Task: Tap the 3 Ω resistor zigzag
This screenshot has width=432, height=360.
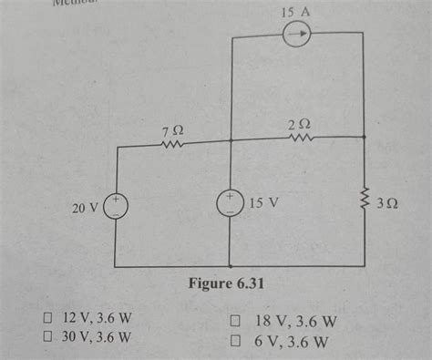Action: pos(364,201)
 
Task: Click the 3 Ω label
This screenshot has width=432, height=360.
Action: pos(387,203)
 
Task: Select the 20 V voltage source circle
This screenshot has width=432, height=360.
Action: pos(117,206)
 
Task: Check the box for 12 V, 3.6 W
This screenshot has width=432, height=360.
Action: pos(45,319)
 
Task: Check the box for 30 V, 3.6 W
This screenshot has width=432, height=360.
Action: pos(45,337)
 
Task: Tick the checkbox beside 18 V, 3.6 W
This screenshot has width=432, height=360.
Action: pos(234,321)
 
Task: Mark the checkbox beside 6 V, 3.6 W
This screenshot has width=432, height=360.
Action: pos(234,341)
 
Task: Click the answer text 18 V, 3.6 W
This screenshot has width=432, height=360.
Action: pos(292,321)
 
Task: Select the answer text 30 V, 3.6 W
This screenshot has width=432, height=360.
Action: pos(97,337)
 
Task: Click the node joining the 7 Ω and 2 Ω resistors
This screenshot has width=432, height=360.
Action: pos(231,140)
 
